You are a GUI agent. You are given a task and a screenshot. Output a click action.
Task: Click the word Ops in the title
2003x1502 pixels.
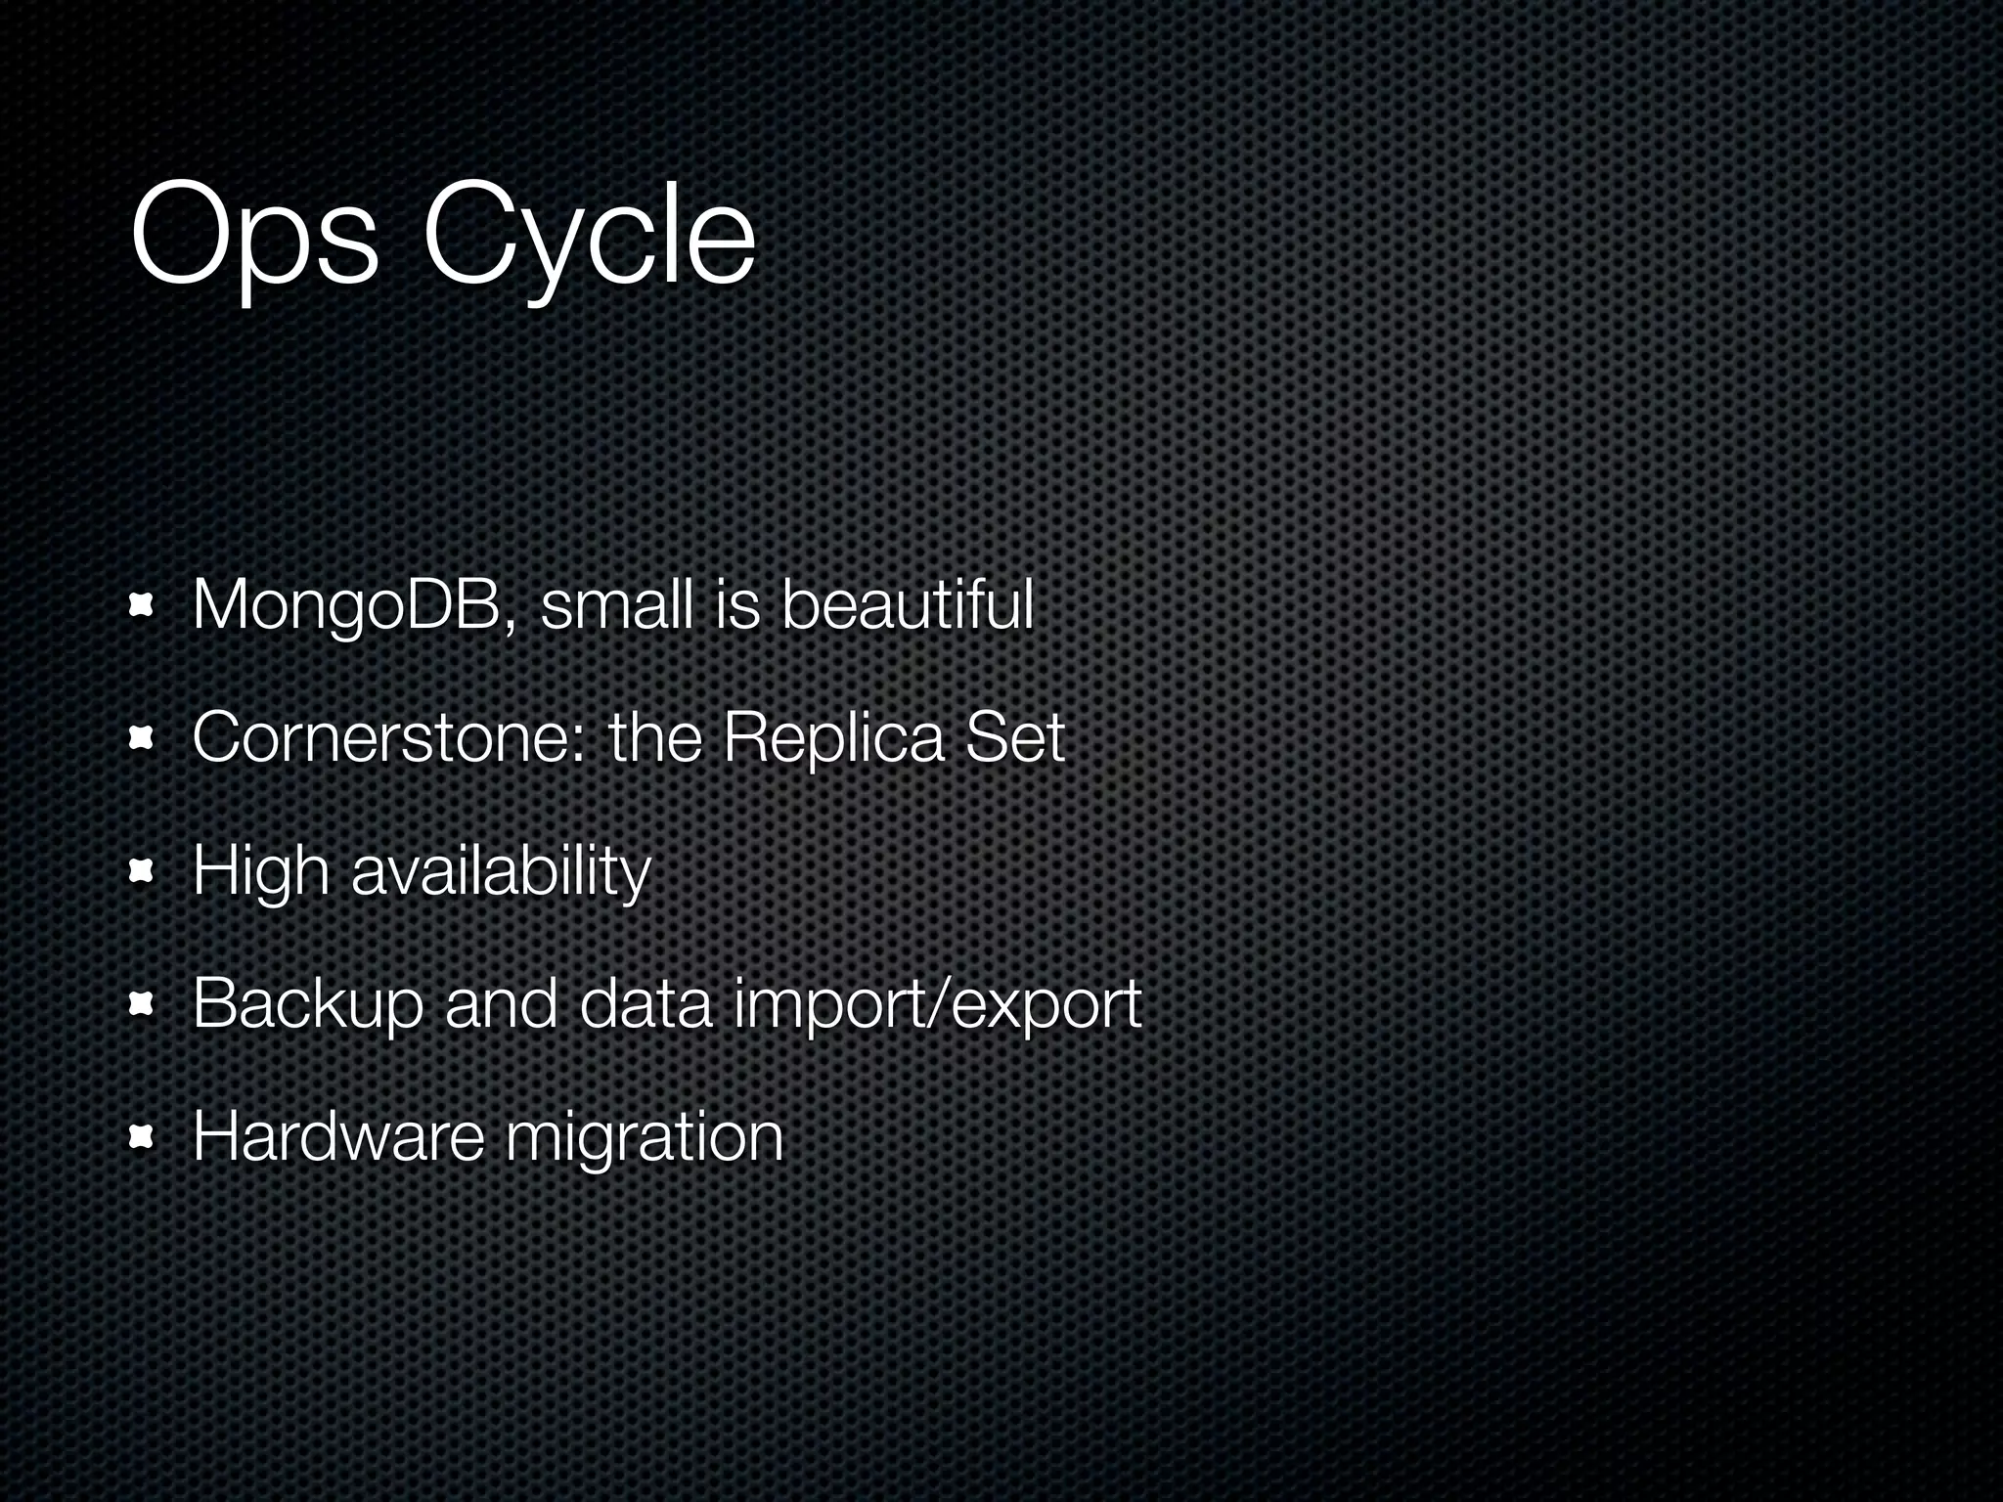[252, 239]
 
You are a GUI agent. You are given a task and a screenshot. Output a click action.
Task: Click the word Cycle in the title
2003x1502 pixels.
[589, 239]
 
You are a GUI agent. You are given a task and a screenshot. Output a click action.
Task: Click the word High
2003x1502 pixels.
[260, 872]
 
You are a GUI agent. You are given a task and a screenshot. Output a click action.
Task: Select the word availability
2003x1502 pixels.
[501, 872]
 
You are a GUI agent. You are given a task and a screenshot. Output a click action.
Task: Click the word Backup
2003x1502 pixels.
[307, 1005]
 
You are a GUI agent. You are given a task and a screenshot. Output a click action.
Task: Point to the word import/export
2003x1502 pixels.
[937, 1005]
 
